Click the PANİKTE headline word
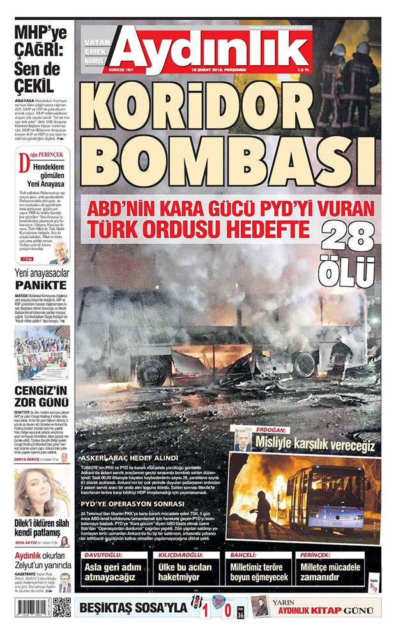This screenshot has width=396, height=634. [42, 284]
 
